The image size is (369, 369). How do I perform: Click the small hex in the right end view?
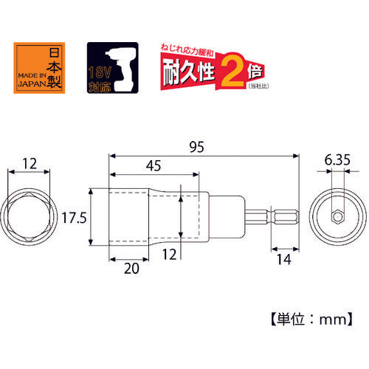[338, 217]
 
